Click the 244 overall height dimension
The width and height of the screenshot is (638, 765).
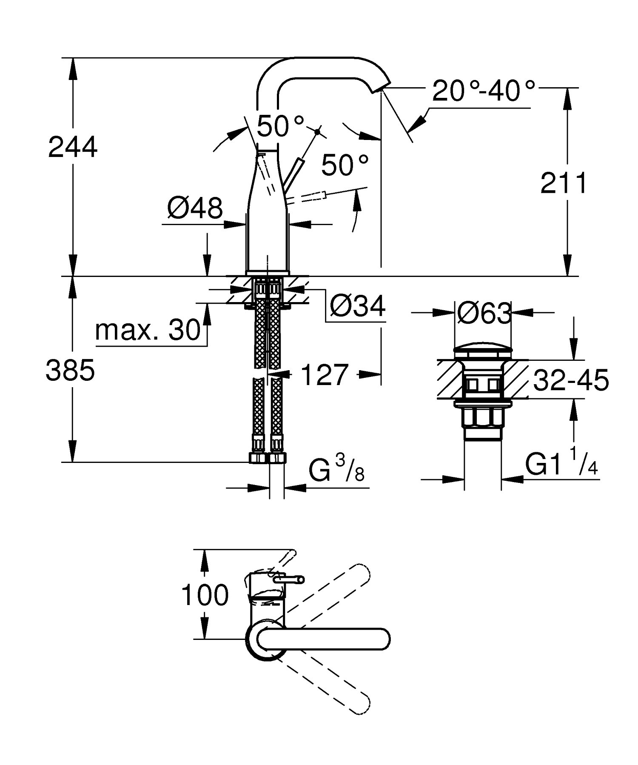point(73,147)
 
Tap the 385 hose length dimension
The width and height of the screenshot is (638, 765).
point(70,370)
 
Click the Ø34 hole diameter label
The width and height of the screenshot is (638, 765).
point(357,305)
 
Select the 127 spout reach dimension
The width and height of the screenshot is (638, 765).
point(325,375)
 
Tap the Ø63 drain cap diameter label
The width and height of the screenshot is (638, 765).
point(484,314)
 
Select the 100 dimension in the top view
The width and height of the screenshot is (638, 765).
point(205,595)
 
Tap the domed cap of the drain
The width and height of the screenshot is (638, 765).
point(483,352)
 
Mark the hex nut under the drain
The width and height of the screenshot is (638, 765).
point(482,417)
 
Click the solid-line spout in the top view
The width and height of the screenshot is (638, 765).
point(323,639)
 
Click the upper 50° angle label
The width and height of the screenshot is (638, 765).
point(280,126)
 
